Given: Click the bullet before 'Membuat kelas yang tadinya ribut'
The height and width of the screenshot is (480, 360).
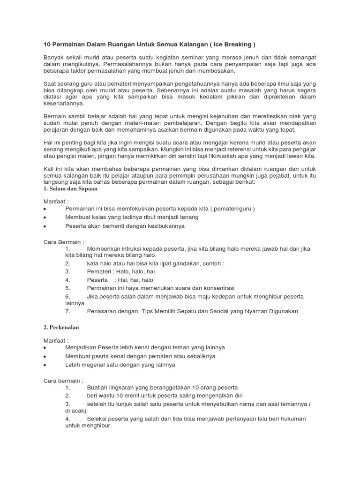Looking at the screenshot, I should [x=45, y=217].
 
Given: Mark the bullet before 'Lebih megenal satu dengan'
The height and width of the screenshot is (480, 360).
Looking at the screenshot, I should [x=45, y=365].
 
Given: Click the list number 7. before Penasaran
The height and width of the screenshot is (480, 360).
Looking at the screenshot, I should [x=68, y=311].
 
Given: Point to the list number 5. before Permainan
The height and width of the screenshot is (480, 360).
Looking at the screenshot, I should [x=68, y=288].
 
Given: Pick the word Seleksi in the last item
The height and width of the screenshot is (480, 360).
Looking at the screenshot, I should [x=98, y=419].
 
